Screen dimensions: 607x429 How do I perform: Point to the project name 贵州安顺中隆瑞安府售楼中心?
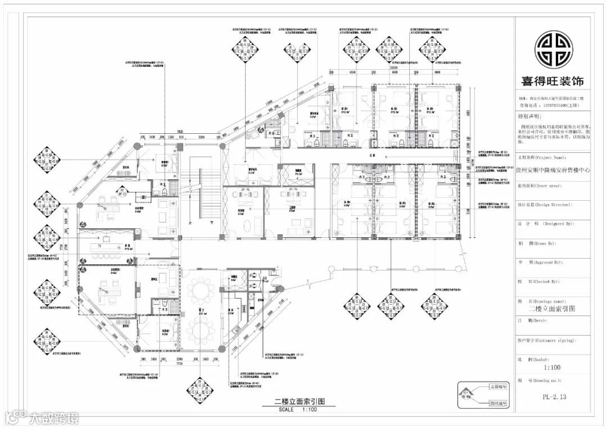(552, 168)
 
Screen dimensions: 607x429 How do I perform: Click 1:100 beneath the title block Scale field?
(551, 368)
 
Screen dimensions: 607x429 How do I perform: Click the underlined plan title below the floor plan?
(292, 401)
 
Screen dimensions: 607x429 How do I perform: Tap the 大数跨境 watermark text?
(53, 418)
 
